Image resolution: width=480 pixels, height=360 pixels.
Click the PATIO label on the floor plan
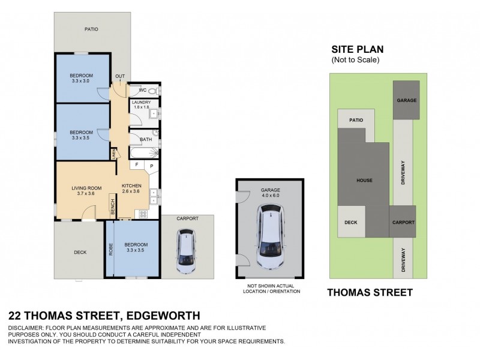(91, 29)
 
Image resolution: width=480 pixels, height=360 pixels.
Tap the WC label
(143, 91)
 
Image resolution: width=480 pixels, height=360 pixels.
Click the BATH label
(145, 140)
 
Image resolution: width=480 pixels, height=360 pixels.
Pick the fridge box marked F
(137, 164)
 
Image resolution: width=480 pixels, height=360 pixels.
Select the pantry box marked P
(151, 165)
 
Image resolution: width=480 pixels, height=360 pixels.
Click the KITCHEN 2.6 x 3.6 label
(131, 188)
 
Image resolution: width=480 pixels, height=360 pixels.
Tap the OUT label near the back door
(120, 76)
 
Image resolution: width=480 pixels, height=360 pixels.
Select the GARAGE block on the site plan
(406, 100)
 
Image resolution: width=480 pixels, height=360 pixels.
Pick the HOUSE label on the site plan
(364, 181)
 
